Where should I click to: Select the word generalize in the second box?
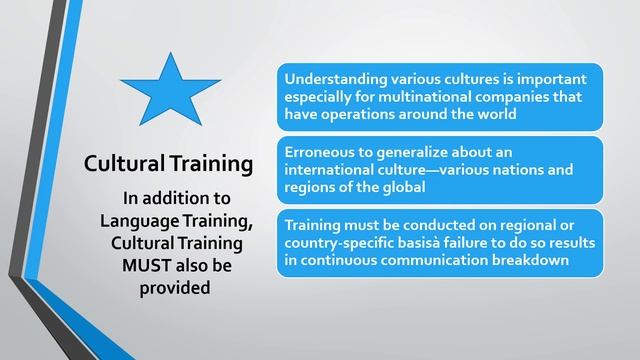[412, 152]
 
